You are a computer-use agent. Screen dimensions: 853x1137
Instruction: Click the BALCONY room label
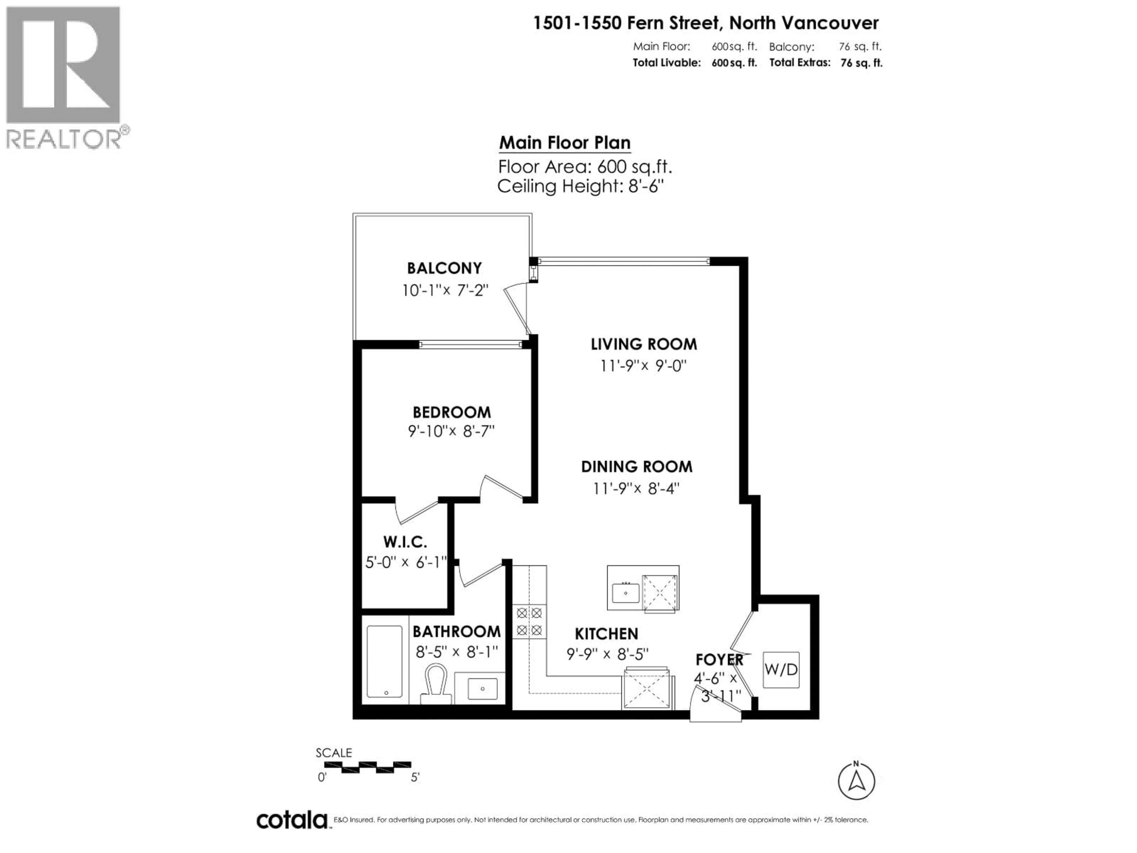click(444, 268)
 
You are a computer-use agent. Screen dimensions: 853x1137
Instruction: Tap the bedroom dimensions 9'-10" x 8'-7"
click(451, 431)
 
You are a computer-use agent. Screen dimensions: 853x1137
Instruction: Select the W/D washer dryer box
click(781, 669)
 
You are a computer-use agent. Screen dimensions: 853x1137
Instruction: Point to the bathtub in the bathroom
click(385, 661)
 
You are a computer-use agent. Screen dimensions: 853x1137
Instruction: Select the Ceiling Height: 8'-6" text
click(580, 186)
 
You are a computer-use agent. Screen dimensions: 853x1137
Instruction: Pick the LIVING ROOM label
click(643, 344)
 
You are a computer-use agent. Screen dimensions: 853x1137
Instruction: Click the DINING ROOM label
click(636, 466)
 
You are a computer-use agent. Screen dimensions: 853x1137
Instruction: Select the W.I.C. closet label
click(405, 541)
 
